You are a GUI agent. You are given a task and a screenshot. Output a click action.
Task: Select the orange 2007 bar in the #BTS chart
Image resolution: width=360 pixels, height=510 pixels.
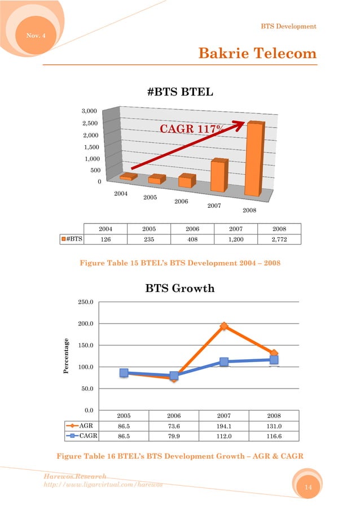point(218,177)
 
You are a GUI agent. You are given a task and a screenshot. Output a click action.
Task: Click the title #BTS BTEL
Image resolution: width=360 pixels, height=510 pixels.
point(180,93)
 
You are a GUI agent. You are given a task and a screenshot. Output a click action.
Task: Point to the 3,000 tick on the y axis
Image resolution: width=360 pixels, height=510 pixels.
point(87,111)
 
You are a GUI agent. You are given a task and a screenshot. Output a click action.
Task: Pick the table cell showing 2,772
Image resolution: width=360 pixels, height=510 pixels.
point(278,239)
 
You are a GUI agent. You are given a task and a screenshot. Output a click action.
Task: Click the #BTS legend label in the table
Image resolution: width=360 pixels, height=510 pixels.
point(72,239)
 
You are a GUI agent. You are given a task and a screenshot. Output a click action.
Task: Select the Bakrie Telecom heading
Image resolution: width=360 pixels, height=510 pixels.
point(257,54)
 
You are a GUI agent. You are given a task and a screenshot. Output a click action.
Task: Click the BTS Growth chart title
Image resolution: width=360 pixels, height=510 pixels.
point(180,289)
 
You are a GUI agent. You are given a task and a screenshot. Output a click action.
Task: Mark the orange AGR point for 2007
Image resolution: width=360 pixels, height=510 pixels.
point(224,326)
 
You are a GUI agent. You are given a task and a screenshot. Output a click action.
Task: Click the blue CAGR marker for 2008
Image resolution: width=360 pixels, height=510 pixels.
point(274,360)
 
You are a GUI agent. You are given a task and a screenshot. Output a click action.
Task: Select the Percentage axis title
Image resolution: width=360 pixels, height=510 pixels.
point(66,356)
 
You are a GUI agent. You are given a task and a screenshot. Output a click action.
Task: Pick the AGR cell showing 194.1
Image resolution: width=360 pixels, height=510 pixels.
point(224,425)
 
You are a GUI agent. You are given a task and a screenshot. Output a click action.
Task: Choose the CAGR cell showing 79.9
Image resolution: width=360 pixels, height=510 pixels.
point(174,435)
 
